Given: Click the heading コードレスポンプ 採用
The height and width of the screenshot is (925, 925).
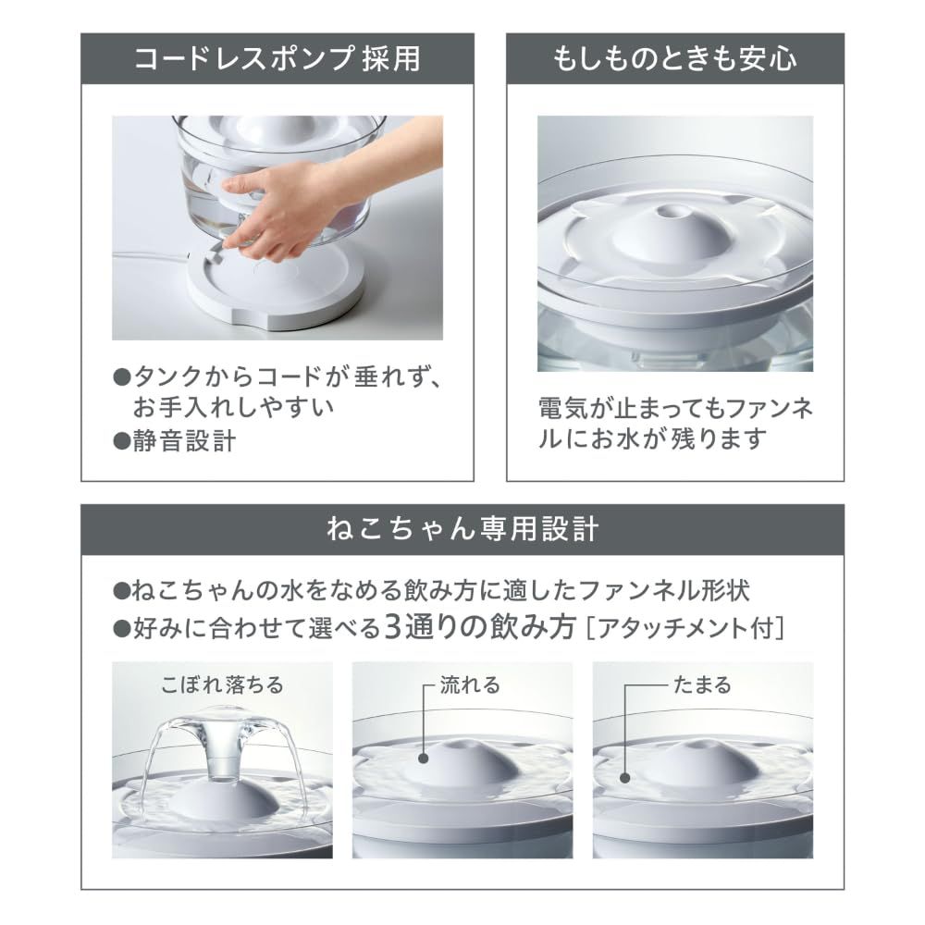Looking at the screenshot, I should tap(277, 60).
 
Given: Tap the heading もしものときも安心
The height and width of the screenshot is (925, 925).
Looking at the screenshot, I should tap(675, 60).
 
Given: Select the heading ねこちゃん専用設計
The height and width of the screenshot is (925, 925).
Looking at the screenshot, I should tap(462, 530).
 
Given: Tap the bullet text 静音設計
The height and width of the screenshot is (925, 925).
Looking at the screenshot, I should tap(185, 441).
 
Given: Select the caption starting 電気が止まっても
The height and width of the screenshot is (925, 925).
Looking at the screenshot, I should tap(675, 422).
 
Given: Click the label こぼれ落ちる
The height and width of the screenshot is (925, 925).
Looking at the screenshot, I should tap(222, 685).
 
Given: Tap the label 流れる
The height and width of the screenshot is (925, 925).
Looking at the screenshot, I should tap(471, 685).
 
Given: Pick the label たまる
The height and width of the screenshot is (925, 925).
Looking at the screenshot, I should tap(698, 685).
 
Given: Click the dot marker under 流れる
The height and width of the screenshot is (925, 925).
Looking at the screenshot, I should tap(424, 758).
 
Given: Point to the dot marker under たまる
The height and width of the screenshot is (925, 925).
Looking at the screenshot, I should tap(626, 779).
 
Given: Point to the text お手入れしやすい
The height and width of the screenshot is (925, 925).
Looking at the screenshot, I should tap(231, 408).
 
